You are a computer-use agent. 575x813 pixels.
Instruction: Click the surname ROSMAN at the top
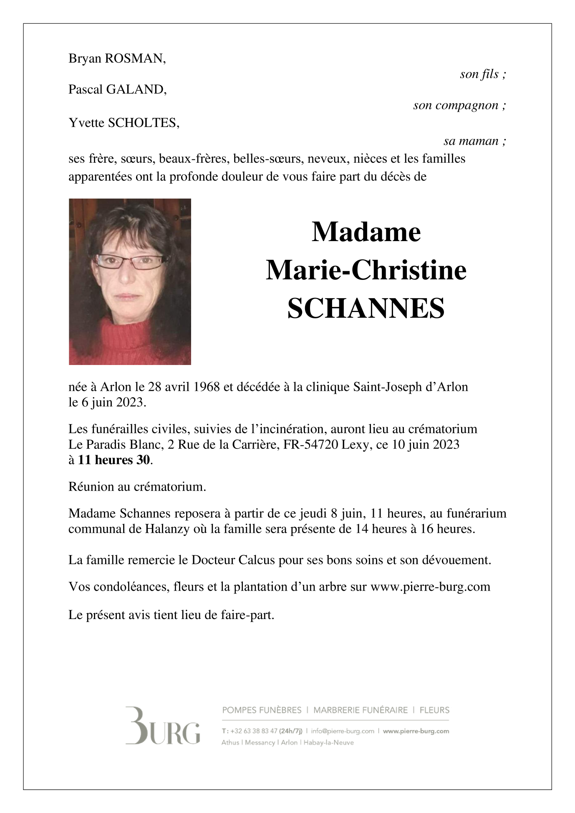[135, 59]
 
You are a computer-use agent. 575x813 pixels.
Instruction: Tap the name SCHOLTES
[144, 123]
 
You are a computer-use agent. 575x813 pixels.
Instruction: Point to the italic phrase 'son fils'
[479, 74]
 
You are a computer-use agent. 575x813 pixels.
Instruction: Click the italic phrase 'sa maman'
[471, 141]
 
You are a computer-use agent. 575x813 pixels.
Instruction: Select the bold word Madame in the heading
[366, 232]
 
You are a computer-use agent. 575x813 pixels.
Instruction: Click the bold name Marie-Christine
[366, 270]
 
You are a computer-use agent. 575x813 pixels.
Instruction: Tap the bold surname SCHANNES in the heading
[366, 309]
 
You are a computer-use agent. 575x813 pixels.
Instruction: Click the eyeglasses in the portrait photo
[131, 262]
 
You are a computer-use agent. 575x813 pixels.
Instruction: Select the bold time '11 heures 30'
[114, 460]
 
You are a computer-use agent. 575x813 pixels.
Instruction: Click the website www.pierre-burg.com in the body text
[430, 587]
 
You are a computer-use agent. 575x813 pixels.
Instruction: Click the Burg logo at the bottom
[163, 726]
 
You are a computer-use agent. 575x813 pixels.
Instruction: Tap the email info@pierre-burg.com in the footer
[342, 731]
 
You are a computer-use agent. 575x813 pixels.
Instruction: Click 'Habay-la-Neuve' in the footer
[329, 743]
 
